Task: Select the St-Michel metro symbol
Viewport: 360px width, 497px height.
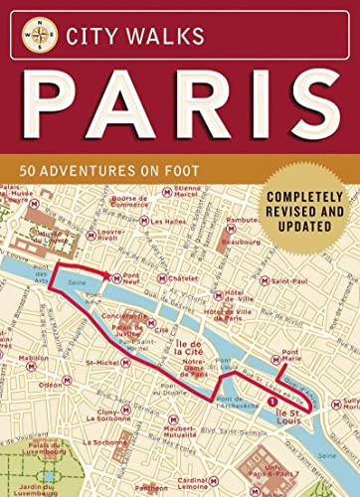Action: (85, 363)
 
